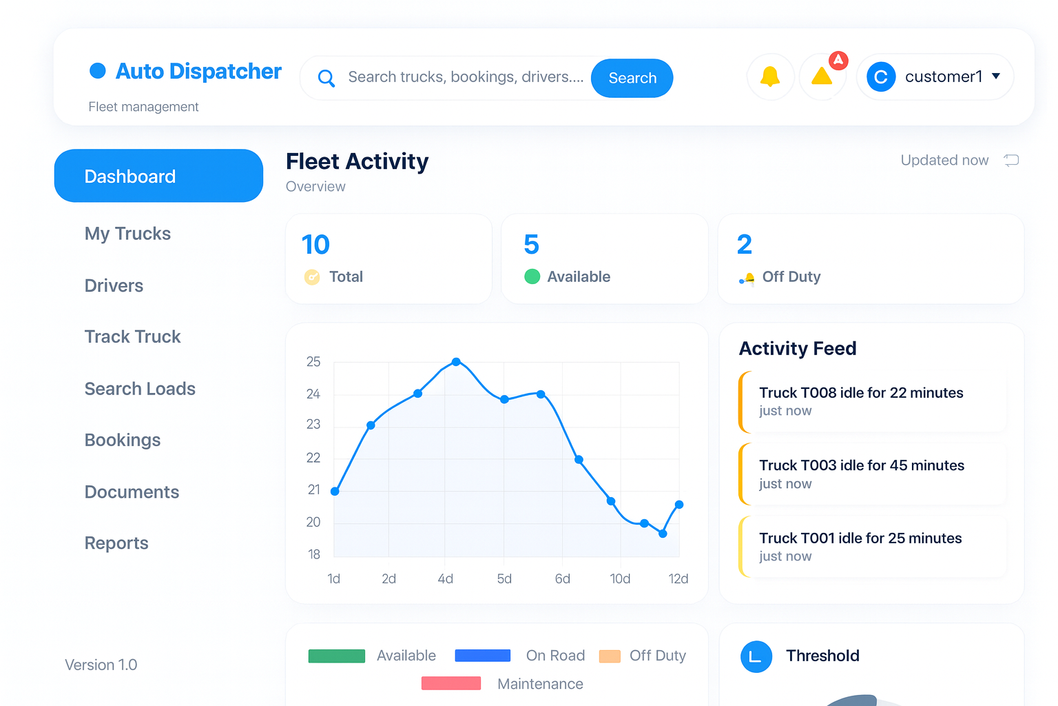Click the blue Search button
click(x=632, y=78)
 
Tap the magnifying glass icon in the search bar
click(x=326, y=78)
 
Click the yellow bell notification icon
click(x=770, y=77)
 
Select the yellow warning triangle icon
click(x=822, y=77)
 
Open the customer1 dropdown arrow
click(x=996, y=77)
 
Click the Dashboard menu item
click(x=158, y=176)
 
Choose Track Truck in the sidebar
click(x=132, y=336)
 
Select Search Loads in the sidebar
click(x=140, y=389)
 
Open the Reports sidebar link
click(x=116, y=543)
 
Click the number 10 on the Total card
click(x=315, y=245)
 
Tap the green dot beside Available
click(x=532, y=276)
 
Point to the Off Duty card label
click(x=791, y=276)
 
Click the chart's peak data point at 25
click(x=456, y=361)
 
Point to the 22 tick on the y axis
click(x=313, y=458)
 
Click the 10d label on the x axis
click(x=620, y=578)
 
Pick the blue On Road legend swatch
click(x=482, y=656)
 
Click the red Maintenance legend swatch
click(x=451, y=683)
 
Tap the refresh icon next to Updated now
click(x=1011, y=161)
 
